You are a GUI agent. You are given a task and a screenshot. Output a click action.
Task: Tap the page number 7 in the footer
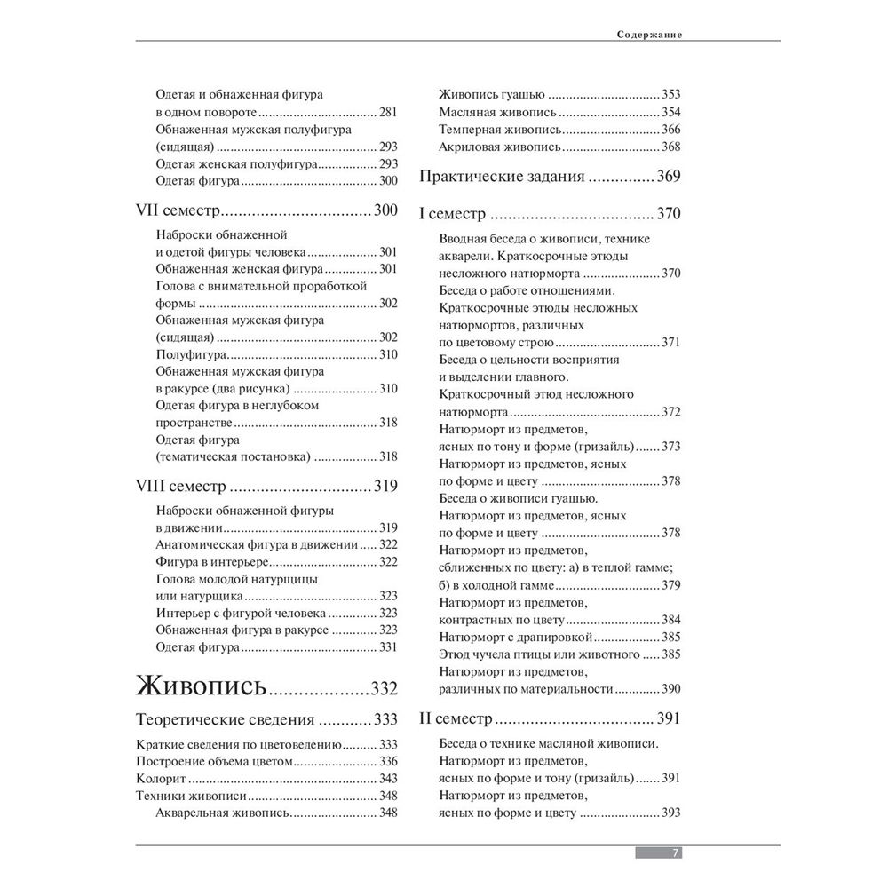(675, 852)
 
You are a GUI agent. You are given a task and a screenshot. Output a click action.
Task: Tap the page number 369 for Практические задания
(669, 176)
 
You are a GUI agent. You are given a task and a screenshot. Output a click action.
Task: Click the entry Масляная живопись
(498, 112)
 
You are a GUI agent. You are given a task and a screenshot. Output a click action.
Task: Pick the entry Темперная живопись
(501, 129)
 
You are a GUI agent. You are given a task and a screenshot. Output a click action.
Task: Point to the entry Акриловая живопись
(501, 147)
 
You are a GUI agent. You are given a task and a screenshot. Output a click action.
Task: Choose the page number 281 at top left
(387, 112)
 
